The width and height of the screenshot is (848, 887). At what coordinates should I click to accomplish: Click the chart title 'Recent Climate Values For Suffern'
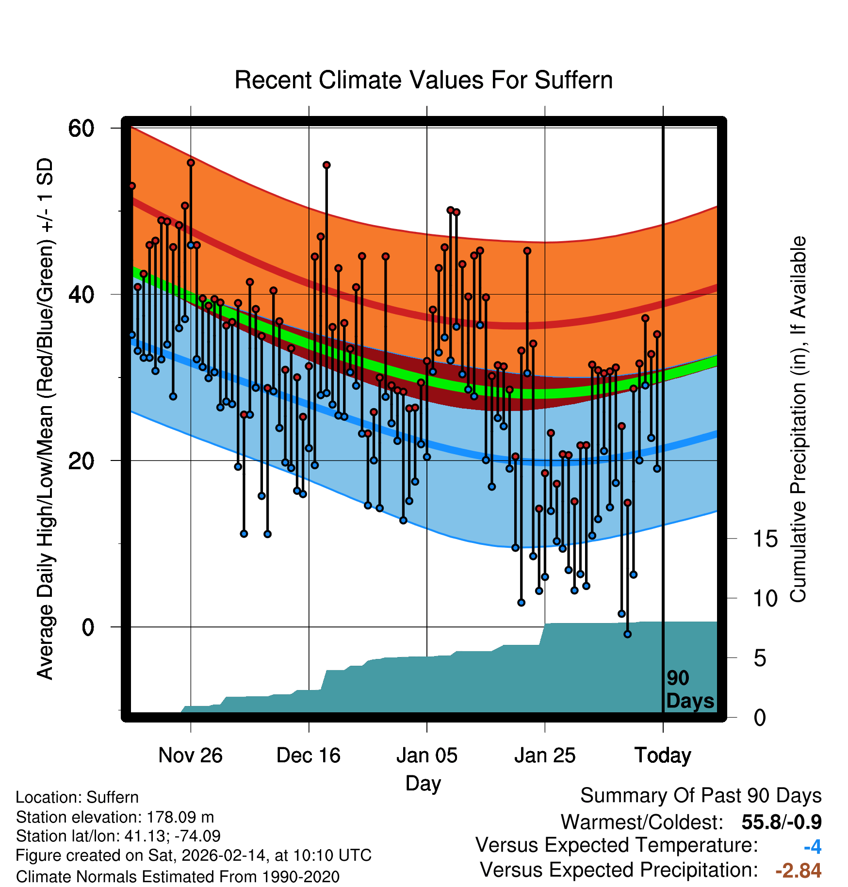(423, 80)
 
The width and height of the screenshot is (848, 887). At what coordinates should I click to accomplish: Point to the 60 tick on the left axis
(81, 129)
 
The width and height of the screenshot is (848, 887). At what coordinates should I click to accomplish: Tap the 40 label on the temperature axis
(81, 295)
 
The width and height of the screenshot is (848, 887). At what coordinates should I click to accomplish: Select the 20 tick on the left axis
(81, 461)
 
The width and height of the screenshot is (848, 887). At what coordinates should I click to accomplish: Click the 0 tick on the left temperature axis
(88, 627)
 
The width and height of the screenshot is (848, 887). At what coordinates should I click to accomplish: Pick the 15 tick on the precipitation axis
(765, 539)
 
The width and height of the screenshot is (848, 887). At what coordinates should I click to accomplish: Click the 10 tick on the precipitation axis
(765, 599)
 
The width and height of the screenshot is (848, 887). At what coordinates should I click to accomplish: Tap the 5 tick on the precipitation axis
(760, 658)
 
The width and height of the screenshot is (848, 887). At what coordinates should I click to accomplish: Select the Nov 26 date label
(190, 756)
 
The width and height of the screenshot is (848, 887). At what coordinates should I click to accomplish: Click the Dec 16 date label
(309, 756)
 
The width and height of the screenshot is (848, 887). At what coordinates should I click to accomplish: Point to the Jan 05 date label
(426, 756)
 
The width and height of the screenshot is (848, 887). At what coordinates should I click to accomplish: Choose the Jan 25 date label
(545, 756)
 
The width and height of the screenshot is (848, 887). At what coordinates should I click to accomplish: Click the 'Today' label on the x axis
(663, 756)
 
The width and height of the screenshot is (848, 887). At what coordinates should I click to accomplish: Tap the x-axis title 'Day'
(423, 784)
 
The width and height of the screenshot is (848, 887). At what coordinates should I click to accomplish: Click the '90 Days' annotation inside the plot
(690, 690)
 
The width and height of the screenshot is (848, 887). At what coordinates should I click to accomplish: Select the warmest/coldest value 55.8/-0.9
(782, 822)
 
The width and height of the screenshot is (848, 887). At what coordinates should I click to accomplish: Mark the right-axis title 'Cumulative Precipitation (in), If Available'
(798, 420)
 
